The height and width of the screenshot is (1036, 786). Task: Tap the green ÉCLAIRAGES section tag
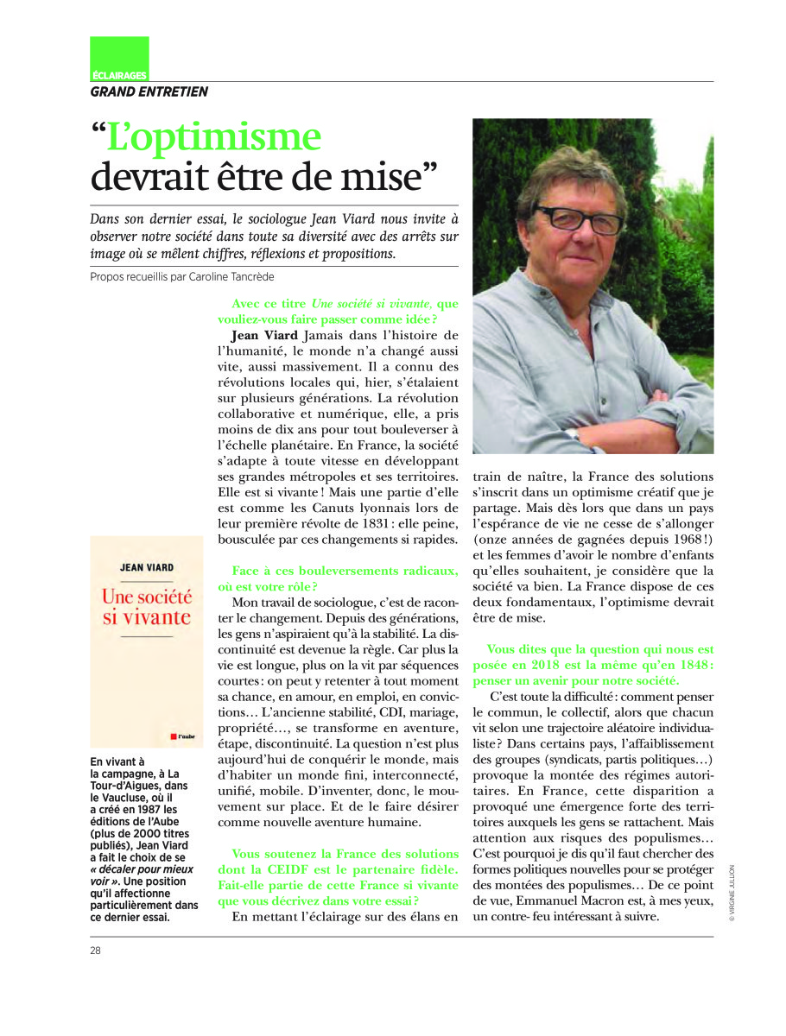pyautogui.click(x=119, y=76)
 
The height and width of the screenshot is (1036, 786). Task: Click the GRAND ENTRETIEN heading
pyautogui.click(x=149, y=92)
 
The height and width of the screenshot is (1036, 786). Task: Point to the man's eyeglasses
pyautogui.click(x=578, y=219)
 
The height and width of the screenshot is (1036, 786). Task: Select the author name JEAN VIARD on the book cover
pyautogui.click(x=145, y=568)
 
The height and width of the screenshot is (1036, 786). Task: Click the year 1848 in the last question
pyautogui.click(x=681, y=666)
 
